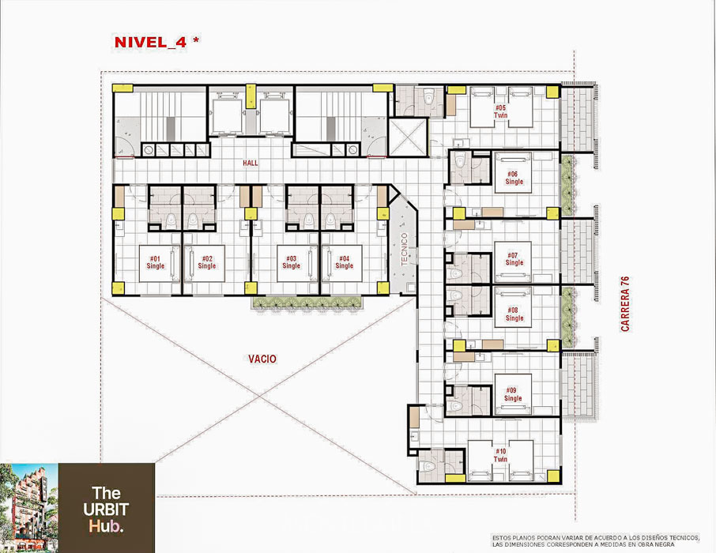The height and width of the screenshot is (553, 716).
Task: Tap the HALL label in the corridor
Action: click(x=251, y=163)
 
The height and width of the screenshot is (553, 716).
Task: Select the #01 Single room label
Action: click(x=155, y=262)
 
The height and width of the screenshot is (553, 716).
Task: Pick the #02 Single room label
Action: click(x=207, y=262)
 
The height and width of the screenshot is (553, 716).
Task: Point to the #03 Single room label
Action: click(x=292, y=262)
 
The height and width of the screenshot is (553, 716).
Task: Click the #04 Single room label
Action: click(x=345, y=262)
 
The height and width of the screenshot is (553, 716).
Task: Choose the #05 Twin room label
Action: click(x=500, y=112)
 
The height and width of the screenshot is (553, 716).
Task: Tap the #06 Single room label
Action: click(x=514, y=178)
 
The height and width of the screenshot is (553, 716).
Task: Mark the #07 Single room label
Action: click(x=514, y=259)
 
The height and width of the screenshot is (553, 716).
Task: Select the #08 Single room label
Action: click(x=514, y=314)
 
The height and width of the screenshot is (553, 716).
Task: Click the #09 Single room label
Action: click(x=513, y=394)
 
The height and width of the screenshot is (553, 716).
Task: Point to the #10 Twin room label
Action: click(x=500, y=455)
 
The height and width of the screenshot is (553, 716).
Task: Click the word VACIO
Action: click(x=262, y=359)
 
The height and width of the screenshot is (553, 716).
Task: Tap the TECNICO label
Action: click(x=404, y=249)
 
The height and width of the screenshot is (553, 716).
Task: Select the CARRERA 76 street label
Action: click(x=625, y=303)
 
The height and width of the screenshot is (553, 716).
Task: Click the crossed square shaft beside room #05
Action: click(x=408, y=137)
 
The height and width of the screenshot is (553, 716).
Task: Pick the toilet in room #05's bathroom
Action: click(x=428, y=96)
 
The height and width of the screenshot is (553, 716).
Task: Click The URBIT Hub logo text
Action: click(x=105, y=510)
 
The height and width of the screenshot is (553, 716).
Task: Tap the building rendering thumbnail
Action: click(x=28, y=508)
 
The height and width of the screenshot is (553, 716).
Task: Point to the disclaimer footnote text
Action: click(x=595, y=540)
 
